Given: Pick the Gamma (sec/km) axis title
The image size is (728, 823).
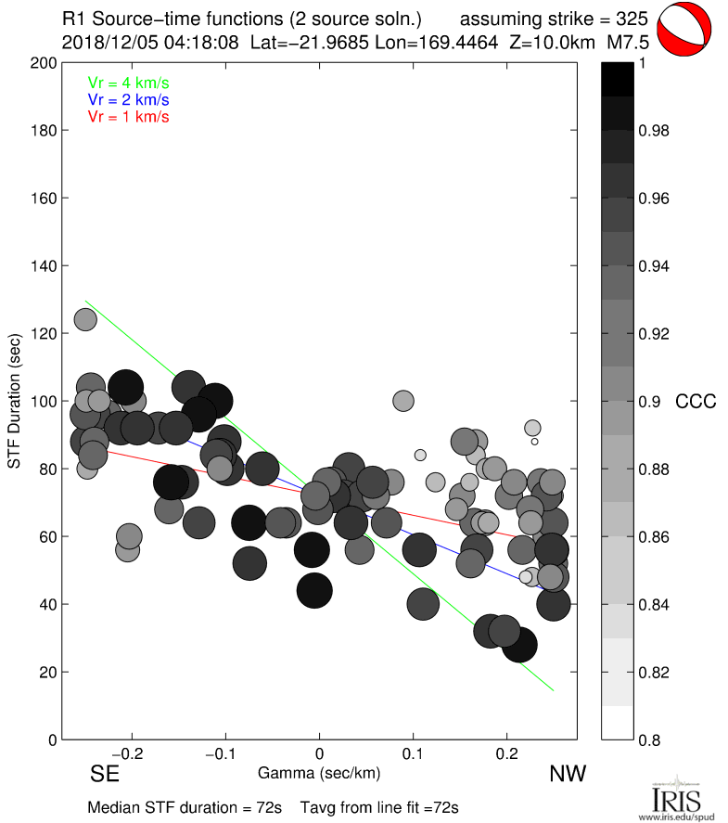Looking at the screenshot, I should (x=320, y=772).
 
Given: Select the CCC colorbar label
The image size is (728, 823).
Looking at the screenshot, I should (x=696, y=402).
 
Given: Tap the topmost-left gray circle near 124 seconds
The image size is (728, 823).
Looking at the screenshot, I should (x=85, y=319).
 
